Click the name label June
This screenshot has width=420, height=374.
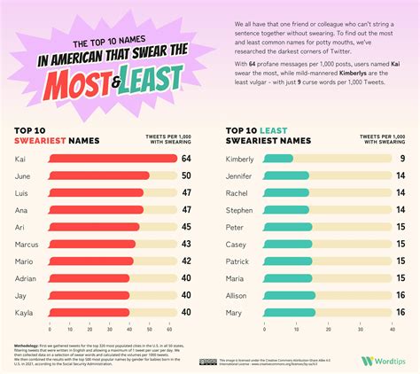pyautogui.click(x=24, y=176)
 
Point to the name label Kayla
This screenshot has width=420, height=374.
pyautogui.click(x=25, y=312)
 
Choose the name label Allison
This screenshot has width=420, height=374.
pyautogui.click(x=237, y=295)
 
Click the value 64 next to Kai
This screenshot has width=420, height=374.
pyautogui.click(x=186, y=159)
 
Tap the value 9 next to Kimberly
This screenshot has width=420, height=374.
pyautogui.click(x=402, y=159)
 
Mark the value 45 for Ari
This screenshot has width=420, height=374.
pyautogui.click(x=186, y=227)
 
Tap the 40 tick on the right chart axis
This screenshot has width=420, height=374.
pyautogui.click(x=391, y=329)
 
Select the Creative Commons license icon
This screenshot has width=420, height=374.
pyautogui.click(x=208, y=361)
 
